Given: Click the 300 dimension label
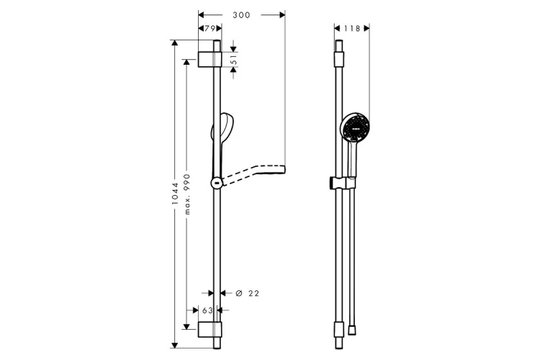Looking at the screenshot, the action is (x=241, y=15).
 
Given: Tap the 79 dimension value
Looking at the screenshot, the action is (x=210, y=28).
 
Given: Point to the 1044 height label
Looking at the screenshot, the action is (x=175, y=194).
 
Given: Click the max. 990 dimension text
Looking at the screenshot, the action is (x=186, y=194).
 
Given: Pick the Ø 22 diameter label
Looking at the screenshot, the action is (x=247, y=293).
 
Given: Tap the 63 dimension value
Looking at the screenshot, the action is (x=207, y=310).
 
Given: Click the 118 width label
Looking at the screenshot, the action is (x=352, y=28).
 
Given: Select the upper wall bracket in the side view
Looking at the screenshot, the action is (x=210, y=59).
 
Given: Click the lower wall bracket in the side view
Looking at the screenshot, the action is (x=210, y=330).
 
